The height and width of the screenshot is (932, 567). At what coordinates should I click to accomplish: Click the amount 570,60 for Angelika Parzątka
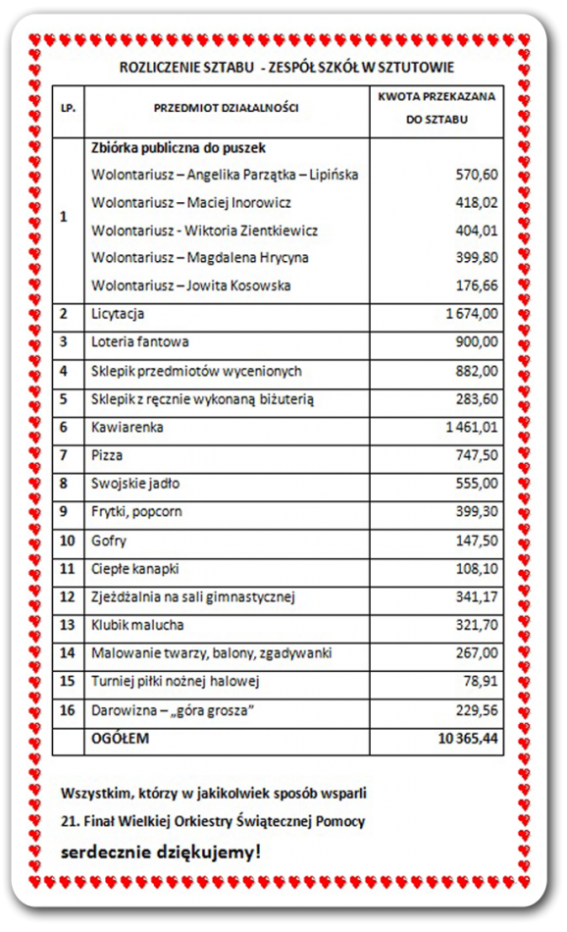[x=477, y=175]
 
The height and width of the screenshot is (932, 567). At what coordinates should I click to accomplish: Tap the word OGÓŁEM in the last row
[x=120, y=739]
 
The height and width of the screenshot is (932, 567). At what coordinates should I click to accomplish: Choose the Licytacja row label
[x=118, y=314]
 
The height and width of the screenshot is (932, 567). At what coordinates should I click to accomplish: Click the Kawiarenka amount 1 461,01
[x=471, y=428]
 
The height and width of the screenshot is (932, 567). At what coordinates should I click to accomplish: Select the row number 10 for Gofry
[x=67, y=541]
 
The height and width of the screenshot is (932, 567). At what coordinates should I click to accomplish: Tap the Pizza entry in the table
[x=106, y=456]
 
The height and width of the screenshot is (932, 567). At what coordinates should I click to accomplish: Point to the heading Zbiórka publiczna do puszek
[x=179, y=147]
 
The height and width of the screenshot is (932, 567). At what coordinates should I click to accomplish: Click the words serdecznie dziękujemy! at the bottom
[x=161, y=852]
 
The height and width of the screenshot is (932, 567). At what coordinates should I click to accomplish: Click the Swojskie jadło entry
[x=135, y=485]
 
